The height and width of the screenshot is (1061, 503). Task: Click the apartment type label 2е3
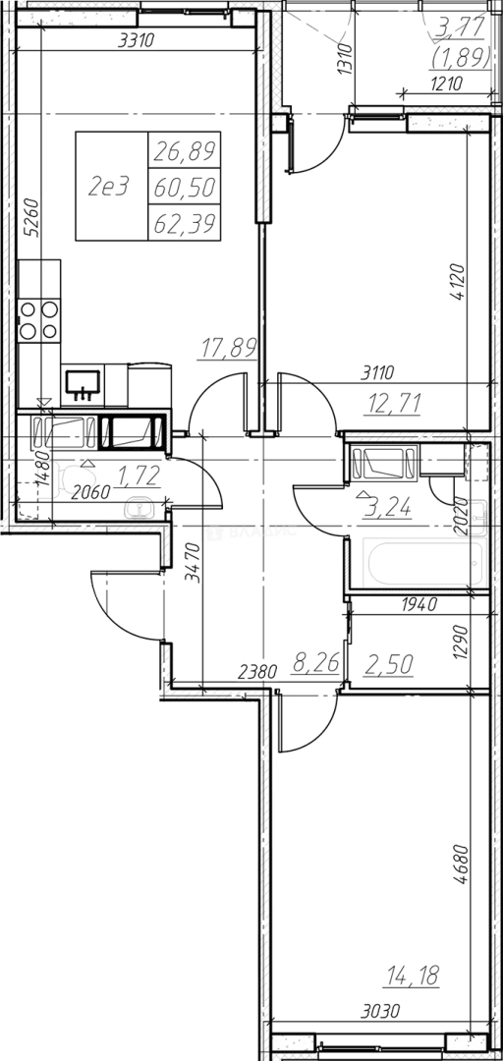(x=108, y=186)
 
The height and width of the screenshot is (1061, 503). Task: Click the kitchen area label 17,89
(x=229, y=348)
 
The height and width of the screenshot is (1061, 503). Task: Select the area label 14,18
(x=413, y=976)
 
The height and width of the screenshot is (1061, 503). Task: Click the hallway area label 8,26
(x=314, y=663)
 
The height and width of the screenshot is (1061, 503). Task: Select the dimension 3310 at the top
(x=137, y=40)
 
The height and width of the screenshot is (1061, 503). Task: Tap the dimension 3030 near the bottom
(x=380, y=1012)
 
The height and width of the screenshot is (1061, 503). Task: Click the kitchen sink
(x=83, y=384)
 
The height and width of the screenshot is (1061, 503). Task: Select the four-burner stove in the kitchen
(x=38, y=320)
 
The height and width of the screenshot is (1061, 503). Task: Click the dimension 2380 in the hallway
(x=257, y=672)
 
